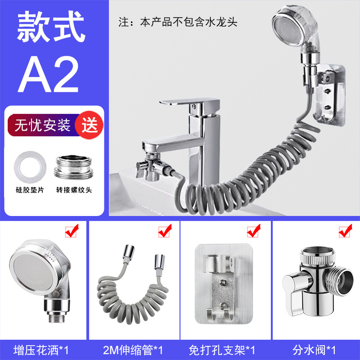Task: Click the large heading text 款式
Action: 51,27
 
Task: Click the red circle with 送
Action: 90,125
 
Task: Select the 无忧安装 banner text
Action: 42,125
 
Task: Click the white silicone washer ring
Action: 30,167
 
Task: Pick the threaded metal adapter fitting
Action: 74,167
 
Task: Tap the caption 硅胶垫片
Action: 30,190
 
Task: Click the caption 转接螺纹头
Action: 74,190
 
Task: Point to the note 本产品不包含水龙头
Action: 189,22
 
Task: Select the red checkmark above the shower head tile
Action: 72,231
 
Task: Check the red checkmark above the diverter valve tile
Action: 346,231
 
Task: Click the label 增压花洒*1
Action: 41,351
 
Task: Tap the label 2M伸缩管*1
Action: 133,351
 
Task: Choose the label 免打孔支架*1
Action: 222,351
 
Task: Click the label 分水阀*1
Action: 314,351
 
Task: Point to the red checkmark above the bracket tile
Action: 254,231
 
